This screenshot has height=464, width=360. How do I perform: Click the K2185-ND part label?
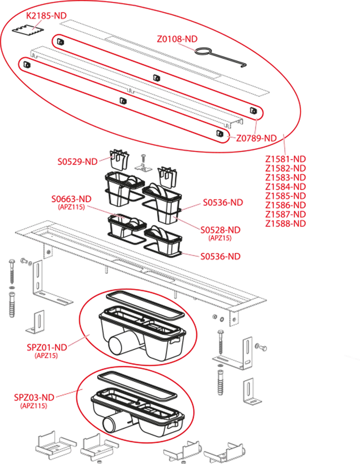pyautogui.click(x=47, y=16)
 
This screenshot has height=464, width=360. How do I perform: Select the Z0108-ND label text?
pyautogui.click(x=177, y=39)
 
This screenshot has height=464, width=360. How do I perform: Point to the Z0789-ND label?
pyautogui.click(x=256, y=138)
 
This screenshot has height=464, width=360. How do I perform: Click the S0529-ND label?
pyautogui.click(x=78, y=162)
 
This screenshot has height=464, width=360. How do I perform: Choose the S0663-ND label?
pyautogui.click(x=71, y=199)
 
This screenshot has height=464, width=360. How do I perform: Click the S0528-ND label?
pyautogui.click(x=220, y=230)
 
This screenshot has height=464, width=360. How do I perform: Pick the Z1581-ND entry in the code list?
pyautogui.click(x=285, y=159)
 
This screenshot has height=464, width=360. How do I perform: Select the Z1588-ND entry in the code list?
pyautogui.click(x=285, y=224)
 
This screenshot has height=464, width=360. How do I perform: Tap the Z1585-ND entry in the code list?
pyautogui.click(x=285, y=196)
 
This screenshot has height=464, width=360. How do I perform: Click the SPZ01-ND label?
pyautogui.click(x=47, y=347)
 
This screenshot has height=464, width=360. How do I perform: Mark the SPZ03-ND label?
pyautogui.click(x=34, y=397)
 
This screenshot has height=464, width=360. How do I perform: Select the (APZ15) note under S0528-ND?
pyautogui.click(x=220, y=238)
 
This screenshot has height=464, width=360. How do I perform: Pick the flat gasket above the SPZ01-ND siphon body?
pyautogui.click(x=145, y=305)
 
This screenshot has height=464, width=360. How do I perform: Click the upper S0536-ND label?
pyautogui.click(x=223, y=203)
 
